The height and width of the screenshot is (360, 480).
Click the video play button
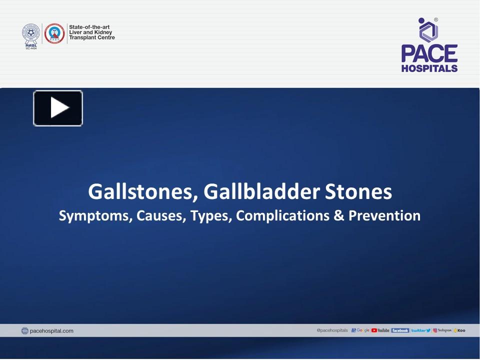tap(58, 108)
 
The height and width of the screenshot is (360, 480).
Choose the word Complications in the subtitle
tap(281, 216)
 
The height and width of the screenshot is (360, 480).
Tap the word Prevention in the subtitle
tap(384, 216)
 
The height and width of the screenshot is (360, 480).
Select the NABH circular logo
tap(54, 33)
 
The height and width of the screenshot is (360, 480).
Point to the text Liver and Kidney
tap(90, 32)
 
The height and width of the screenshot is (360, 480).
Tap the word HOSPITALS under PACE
tap(429, 68)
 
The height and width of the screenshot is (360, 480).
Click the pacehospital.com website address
tap(51, 330)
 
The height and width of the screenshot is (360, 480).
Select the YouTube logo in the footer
tap(380, 330)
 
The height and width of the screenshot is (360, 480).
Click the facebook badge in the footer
tap(400, 330)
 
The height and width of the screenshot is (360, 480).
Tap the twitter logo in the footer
tap(420, 330)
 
